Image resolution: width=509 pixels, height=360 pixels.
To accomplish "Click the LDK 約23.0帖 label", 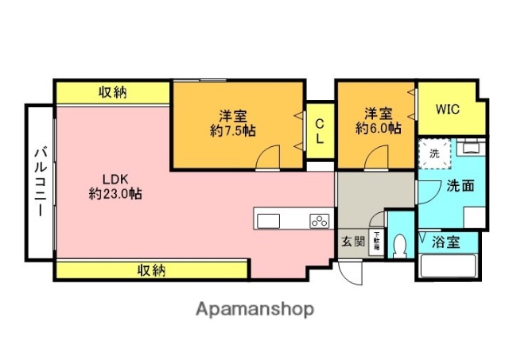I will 115,185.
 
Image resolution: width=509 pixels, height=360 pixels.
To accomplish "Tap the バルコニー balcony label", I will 38,182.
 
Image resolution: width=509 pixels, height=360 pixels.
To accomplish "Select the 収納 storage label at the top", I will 113,93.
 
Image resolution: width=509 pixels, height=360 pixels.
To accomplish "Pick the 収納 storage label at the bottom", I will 150,270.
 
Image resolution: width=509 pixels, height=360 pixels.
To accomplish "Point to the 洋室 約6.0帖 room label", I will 378,120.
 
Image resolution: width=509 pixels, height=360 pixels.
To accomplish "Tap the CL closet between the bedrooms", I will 319,131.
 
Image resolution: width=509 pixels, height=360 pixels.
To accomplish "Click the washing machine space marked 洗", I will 434,153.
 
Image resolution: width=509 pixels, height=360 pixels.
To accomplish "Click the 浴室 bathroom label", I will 446,242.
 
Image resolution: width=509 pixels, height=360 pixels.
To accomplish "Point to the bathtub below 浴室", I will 446,266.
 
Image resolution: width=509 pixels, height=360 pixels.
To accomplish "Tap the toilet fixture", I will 399,246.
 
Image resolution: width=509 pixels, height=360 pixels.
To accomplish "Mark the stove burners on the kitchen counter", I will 319,220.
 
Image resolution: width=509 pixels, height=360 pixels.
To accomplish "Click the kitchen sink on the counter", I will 266,219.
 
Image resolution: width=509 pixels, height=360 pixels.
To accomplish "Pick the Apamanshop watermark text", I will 254,308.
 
